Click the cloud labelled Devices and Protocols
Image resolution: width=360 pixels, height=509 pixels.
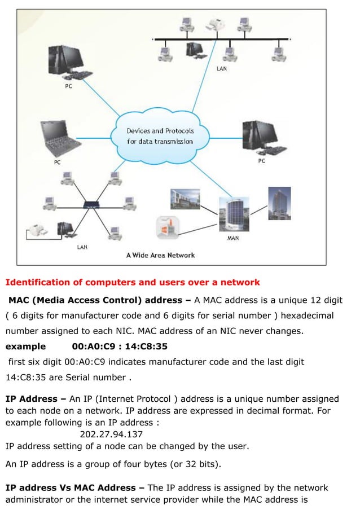point(160,136)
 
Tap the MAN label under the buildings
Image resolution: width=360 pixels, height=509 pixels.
point(232,238)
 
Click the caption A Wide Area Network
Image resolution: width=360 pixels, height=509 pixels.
point(160,255)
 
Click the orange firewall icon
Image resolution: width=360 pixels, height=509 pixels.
point(167,227)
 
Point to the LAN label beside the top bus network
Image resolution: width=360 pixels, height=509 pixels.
point(222,69)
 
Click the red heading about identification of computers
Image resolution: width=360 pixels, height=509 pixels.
point(133,282)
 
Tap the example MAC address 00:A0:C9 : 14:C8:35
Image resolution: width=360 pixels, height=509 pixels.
point(120,346)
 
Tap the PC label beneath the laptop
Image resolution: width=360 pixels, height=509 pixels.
point(57,163)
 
